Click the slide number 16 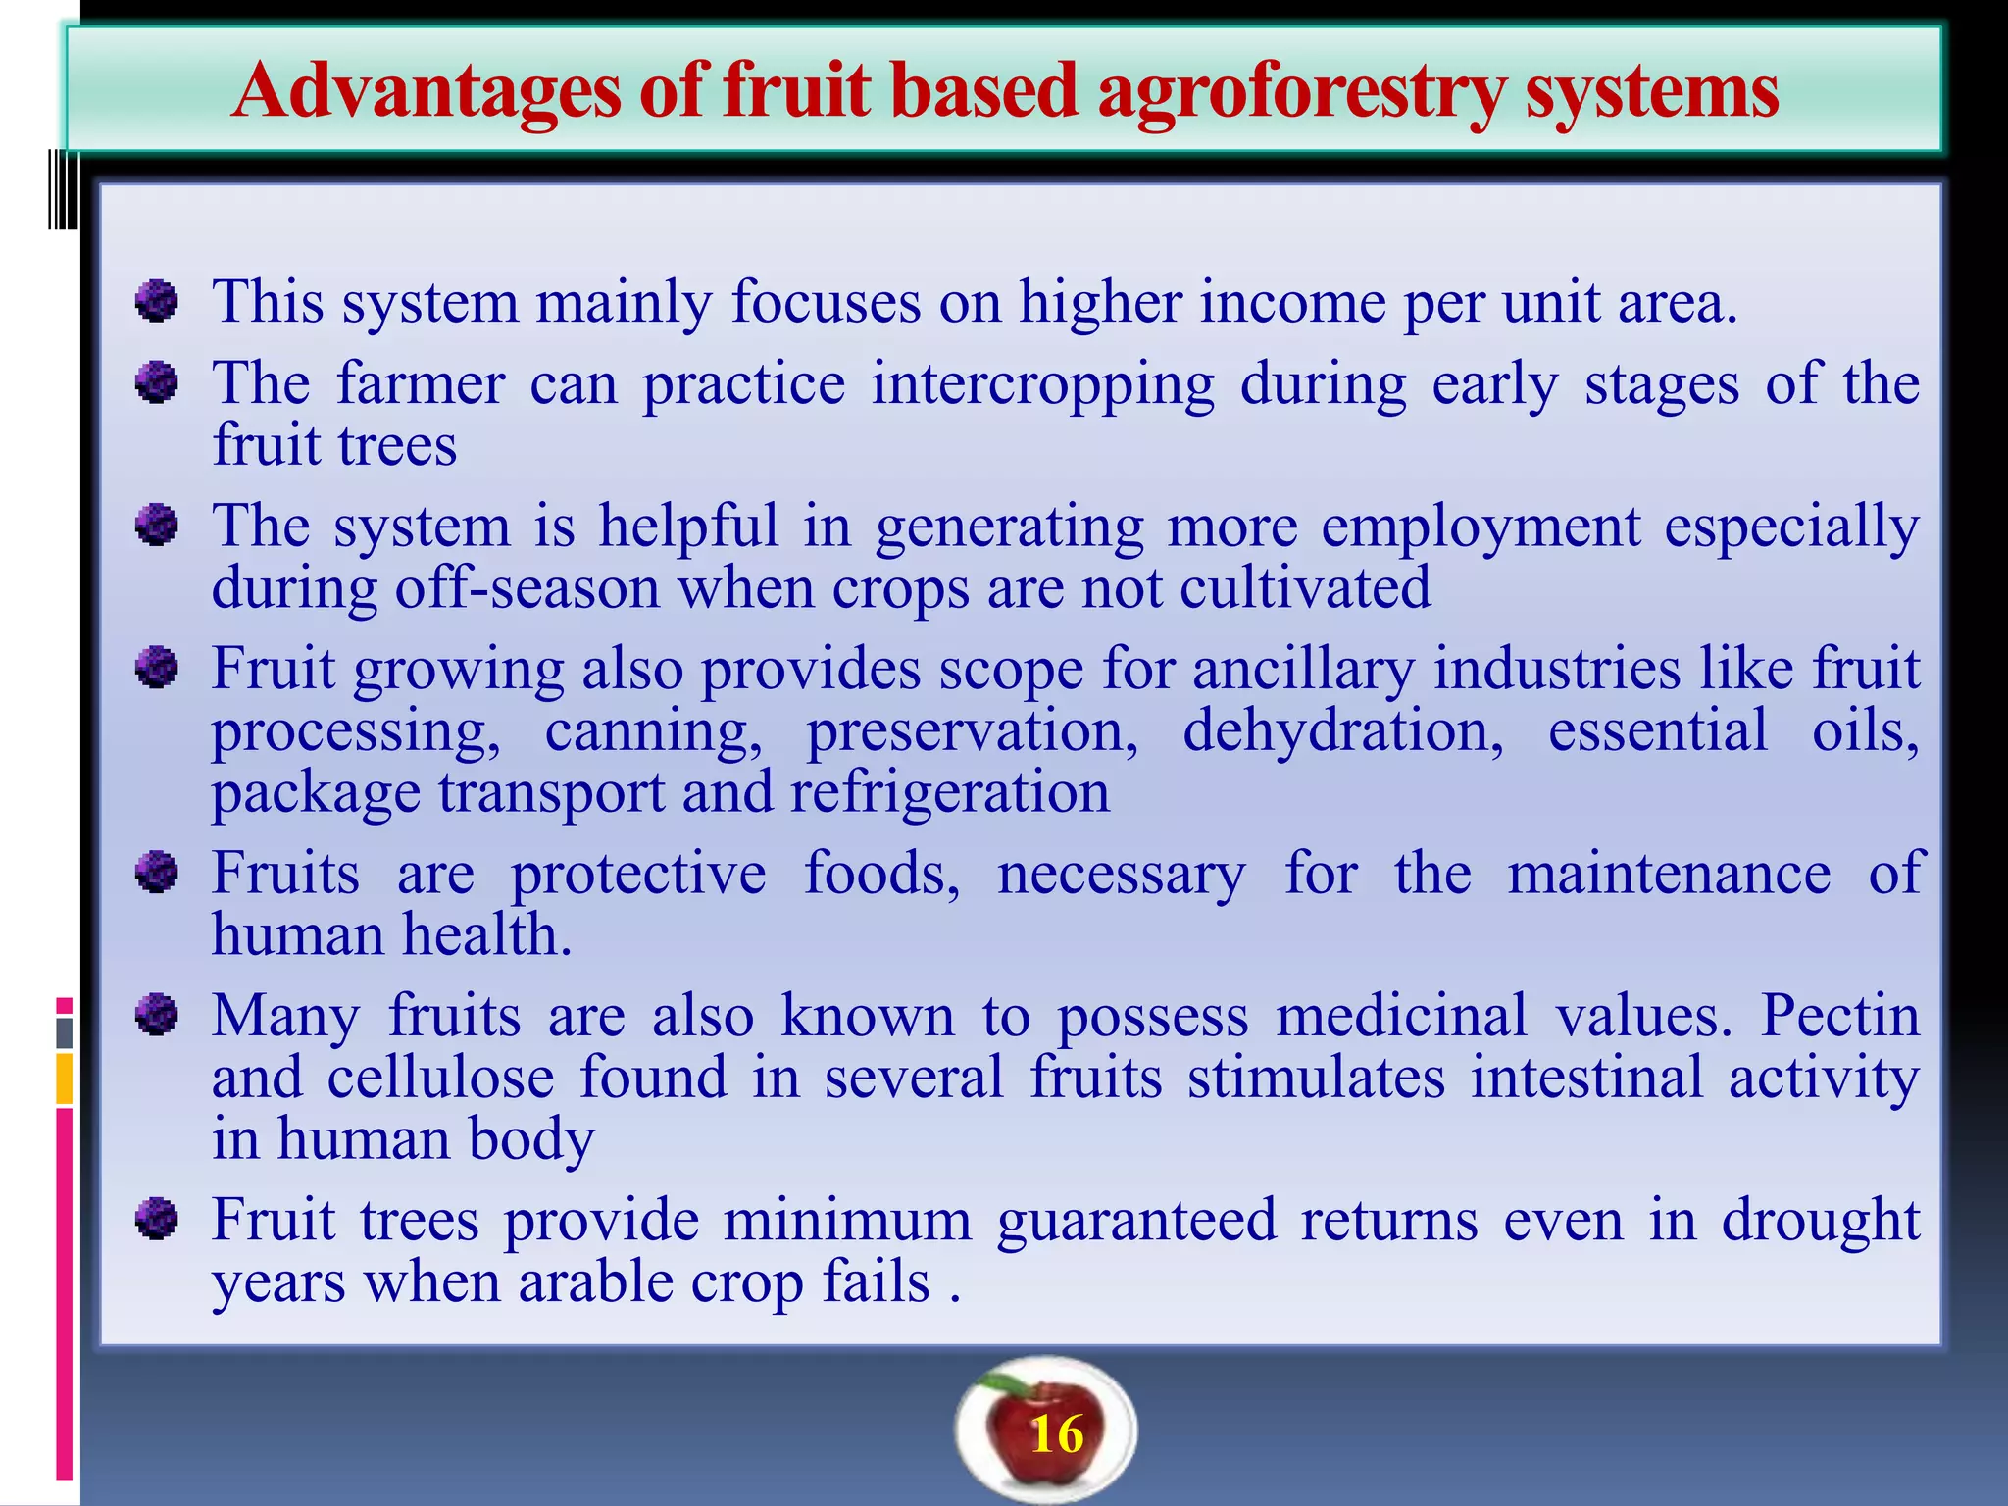point(1057,1435)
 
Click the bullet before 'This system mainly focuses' point(156,300)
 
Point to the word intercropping point(1042,384)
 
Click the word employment point(1481,527)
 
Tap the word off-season point(527,588)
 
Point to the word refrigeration point(949,792)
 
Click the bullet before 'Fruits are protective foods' point(156,873)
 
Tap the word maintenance point(1669,874)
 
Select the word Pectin point(1839,1016)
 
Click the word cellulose point(440,1078)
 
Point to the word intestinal point(1586,1078)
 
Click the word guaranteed point(1137,1222)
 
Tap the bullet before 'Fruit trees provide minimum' point(156,1220)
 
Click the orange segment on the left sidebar point(65,1079)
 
